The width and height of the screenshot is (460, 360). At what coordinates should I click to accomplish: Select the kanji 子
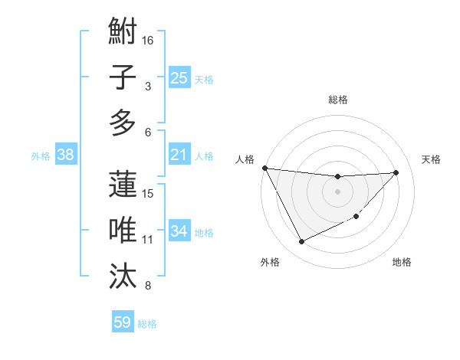click(x=123, y=77)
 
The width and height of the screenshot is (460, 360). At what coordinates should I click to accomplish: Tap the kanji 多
click(x=123, y=123)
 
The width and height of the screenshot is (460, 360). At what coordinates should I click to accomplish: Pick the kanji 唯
click(x=123, y=230)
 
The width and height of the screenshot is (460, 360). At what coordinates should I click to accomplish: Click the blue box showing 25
click(x=179, y=77)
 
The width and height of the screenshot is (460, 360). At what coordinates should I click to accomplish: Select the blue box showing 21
click(x=179, y=155)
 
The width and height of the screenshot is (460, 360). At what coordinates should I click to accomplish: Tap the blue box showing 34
click(x=179, y=231)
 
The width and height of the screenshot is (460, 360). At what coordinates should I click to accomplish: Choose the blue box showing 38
click(x=66, y=155)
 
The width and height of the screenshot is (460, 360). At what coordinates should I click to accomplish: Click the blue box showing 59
click(x=123, y=322)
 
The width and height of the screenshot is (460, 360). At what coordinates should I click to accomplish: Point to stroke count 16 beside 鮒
click(x=149, y=41)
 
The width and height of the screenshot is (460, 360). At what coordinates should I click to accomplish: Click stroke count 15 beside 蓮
click(x=149, y=193)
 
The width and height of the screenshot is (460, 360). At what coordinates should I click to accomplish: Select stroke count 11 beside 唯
click(x=148, y=240)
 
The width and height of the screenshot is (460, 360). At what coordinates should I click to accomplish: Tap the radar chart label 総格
click(x=337, y=100)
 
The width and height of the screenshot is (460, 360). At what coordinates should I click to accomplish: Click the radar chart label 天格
click(x=431, y=159)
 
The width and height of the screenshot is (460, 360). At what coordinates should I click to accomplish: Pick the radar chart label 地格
click(x=402, y=263)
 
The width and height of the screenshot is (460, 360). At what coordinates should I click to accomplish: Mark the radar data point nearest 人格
click(x=264, y=168)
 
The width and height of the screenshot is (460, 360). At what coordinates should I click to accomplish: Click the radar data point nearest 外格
click(x=301, y=242)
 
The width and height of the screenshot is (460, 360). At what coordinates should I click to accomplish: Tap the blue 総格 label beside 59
click(x=147, y=324)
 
